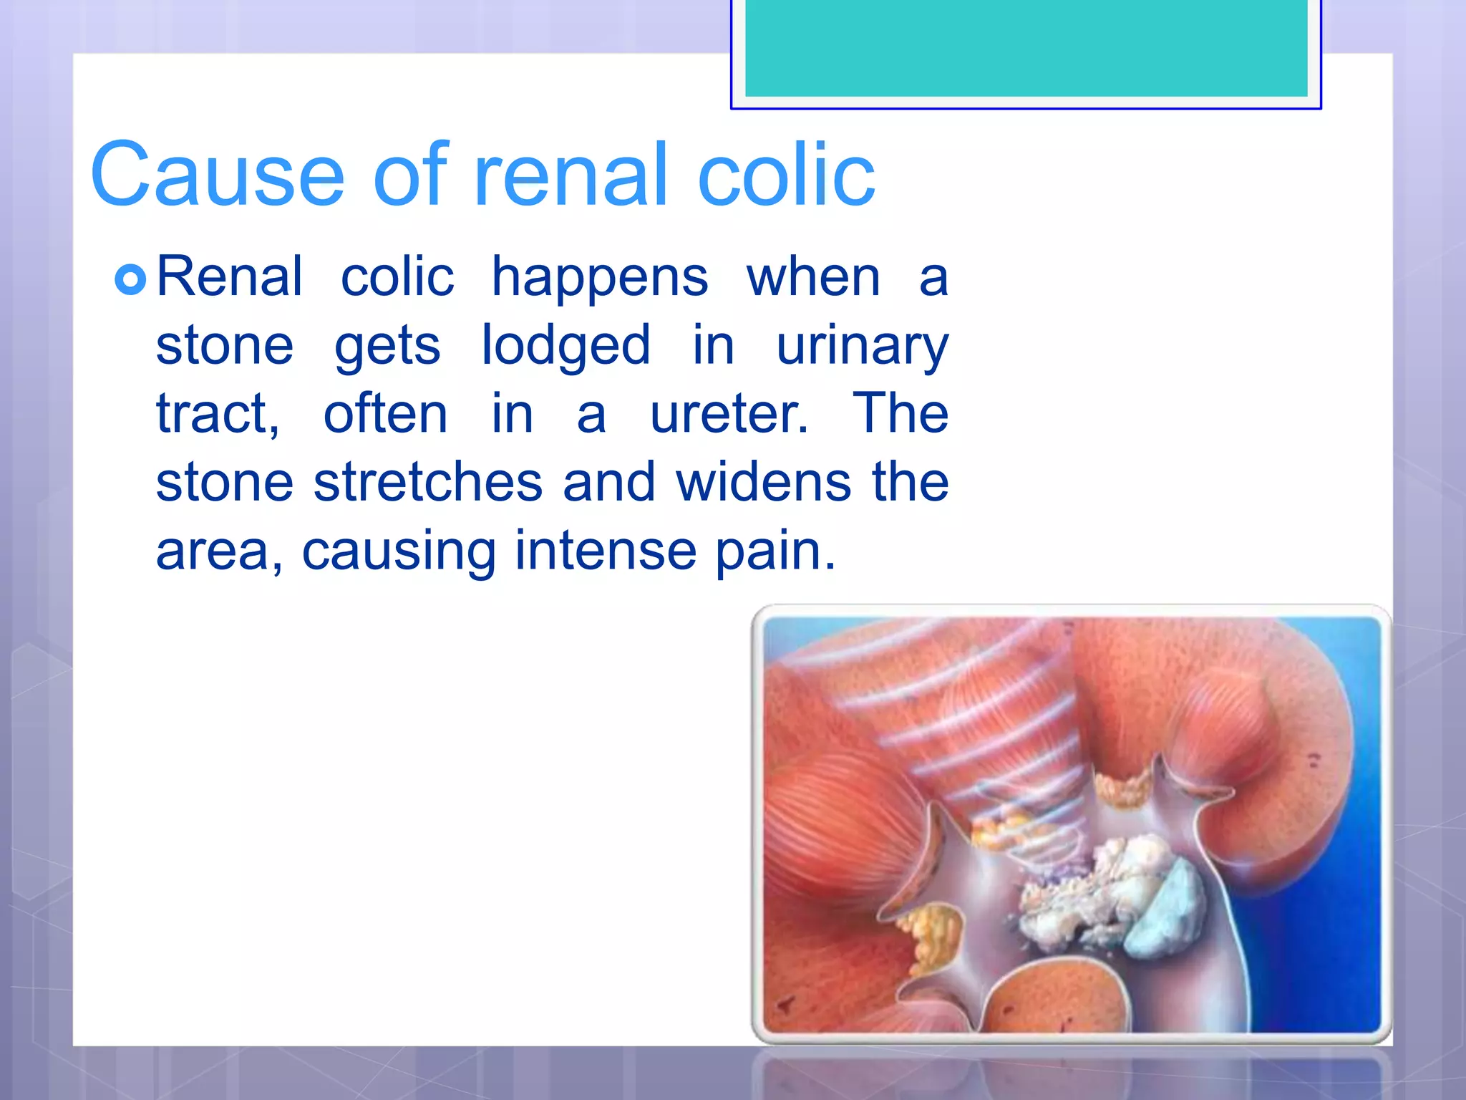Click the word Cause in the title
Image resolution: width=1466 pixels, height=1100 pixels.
pyautogui.click(x=218, y=175)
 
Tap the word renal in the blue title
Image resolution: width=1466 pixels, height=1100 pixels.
pyautogui.click(x=571, y=175)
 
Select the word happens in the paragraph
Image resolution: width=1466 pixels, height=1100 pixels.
pyautogui.click(x=600, y=278)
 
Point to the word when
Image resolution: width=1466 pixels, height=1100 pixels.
pyautogui.click(x=813, y=278)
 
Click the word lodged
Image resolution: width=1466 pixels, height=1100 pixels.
pyautogui.click(x=565, y=347)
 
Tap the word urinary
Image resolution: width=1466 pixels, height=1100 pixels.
pyautogui.click(x=862, y=347)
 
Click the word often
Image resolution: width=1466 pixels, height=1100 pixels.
pyautogui.click(x=385, y=414)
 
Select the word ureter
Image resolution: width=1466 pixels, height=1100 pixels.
pyautogui.click(x=729, y=414)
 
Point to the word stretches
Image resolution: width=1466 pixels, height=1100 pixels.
pyautogui.click(x=428, y=482)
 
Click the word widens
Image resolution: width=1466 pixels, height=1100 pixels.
pyautogui.click(x=764, y=482)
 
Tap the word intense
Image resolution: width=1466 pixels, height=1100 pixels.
pyautogui.click(x=606, y=551)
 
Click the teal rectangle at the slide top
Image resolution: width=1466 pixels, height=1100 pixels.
pyautogui.click(x=1026, y=47)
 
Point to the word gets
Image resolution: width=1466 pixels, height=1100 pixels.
pyautogui.click(x=387, y=347)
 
